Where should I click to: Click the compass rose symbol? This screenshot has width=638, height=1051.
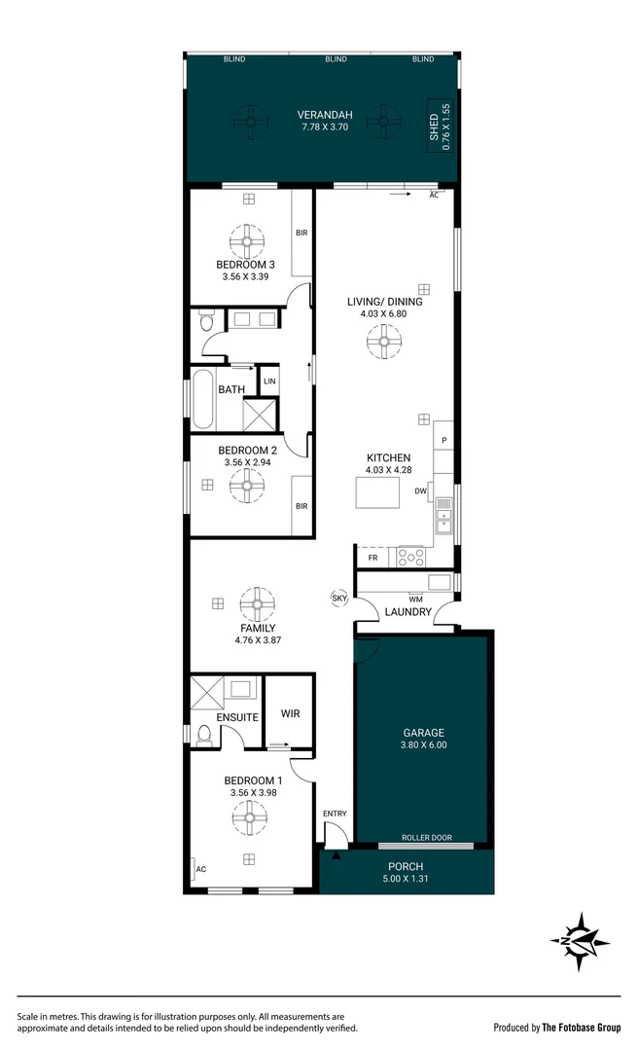click(580, 941)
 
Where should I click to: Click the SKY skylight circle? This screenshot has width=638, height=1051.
click(339, 598)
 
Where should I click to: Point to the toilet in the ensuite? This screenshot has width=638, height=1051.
click(203, 735)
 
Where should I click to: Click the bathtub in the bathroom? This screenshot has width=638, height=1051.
click(202, 398)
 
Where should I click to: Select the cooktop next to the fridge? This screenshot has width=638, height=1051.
click(408, 558)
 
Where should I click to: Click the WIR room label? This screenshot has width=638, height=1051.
click(290, 713)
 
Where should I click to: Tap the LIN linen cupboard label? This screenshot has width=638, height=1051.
click(268, 381)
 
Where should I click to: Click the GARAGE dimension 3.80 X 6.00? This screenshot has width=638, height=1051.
click(424, 745)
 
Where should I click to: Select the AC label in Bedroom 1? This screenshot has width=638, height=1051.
click(201, 869)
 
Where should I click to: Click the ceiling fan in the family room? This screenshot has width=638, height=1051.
click(258, 603)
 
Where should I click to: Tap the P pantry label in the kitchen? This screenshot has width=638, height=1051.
click(443, 441)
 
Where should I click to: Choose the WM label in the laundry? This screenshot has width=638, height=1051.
click(415, 598)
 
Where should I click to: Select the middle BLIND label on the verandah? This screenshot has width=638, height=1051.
click(337, 59)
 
